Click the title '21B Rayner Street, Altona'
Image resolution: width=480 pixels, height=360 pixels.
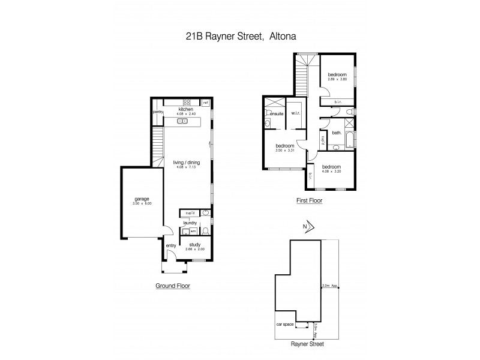click(x=240, y=36)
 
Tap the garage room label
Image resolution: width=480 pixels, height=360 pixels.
click(x=142, y=199)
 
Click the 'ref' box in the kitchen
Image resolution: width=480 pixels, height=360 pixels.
click(x=205, y=102)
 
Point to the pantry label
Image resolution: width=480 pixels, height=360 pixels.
click(x=158, y=112)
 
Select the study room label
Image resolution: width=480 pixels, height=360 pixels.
click(x=194, y=244)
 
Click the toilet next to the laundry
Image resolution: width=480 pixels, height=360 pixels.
click(x=205, y=230)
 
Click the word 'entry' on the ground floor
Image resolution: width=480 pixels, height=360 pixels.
click(x=172, y=245)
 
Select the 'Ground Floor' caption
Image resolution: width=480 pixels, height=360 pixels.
click(x=173, y=286)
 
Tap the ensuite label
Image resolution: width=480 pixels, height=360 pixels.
click(x=276, y=113)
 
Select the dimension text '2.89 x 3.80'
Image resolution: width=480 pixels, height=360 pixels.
click(x=337, y=79)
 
